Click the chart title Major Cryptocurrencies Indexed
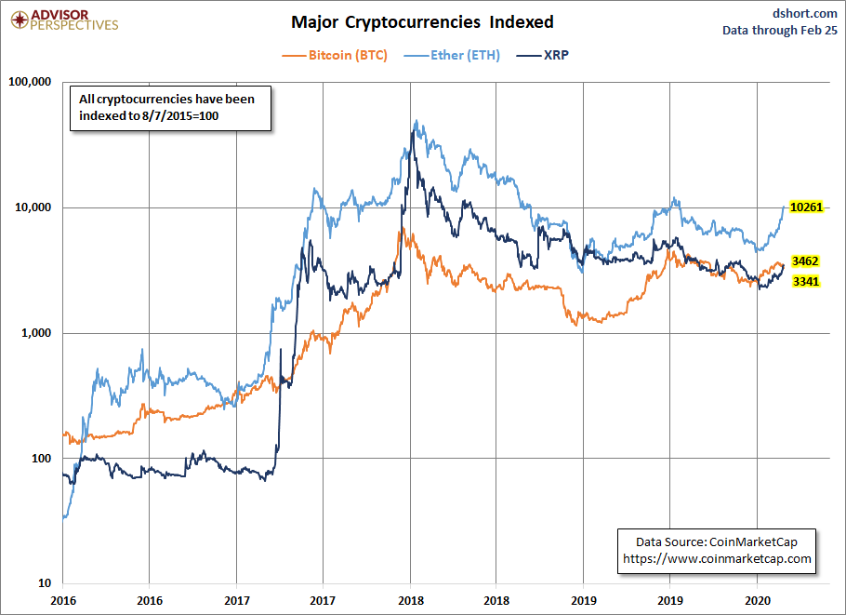(x=422, y=22)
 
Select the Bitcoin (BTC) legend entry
(x=335, y=55)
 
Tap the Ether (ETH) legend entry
(x=452, y=55)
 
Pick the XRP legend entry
(x=543, y=55)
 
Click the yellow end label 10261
(x=806, y=207)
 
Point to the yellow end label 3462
(x=805, y=261)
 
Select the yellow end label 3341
(x=805, y=281)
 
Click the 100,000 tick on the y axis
(x=30, y=82)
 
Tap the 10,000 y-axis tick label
(x=33, y=207)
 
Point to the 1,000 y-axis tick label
(x=36, y=332)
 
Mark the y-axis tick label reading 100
(x=42, y=459)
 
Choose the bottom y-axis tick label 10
(x=45, y=583)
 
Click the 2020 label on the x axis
(x=757, y=600)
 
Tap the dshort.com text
(x=804, y=14)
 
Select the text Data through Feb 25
(x=780, y=30)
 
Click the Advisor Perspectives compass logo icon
(x=20, y=20)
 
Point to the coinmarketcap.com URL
(x=717, y=559)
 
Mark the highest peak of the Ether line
(x=416, y=120)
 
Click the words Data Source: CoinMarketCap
(x=717, y=542)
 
